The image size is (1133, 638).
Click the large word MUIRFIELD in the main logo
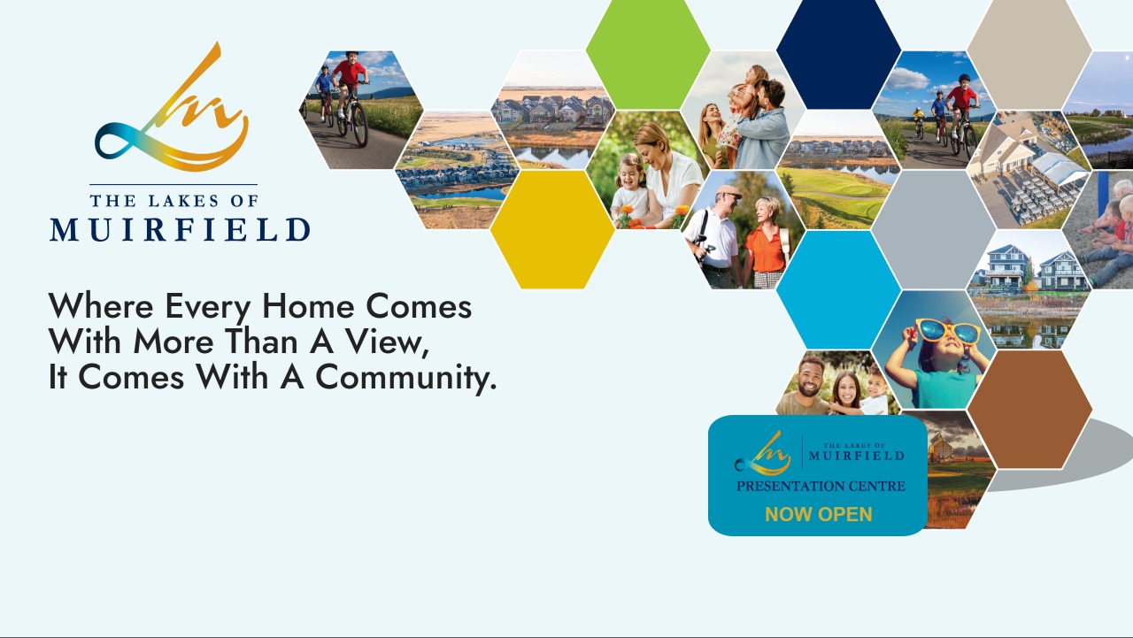tap(180, 230)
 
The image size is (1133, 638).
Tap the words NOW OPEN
tap(819, 514)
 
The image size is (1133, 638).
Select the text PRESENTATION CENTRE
tap(821, 486)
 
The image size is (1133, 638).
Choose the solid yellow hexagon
tap(552, 229)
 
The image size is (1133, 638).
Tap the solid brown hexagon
tap(1029, 410)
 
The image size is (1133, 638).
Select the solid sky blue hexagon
tap(838, 289)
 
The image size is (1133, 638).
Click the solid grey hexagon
tap(934, 229)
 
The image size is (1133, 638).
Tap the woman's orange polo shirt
tap(766, 250)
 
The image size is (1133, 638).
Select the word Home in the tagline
tap(308, 306)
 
